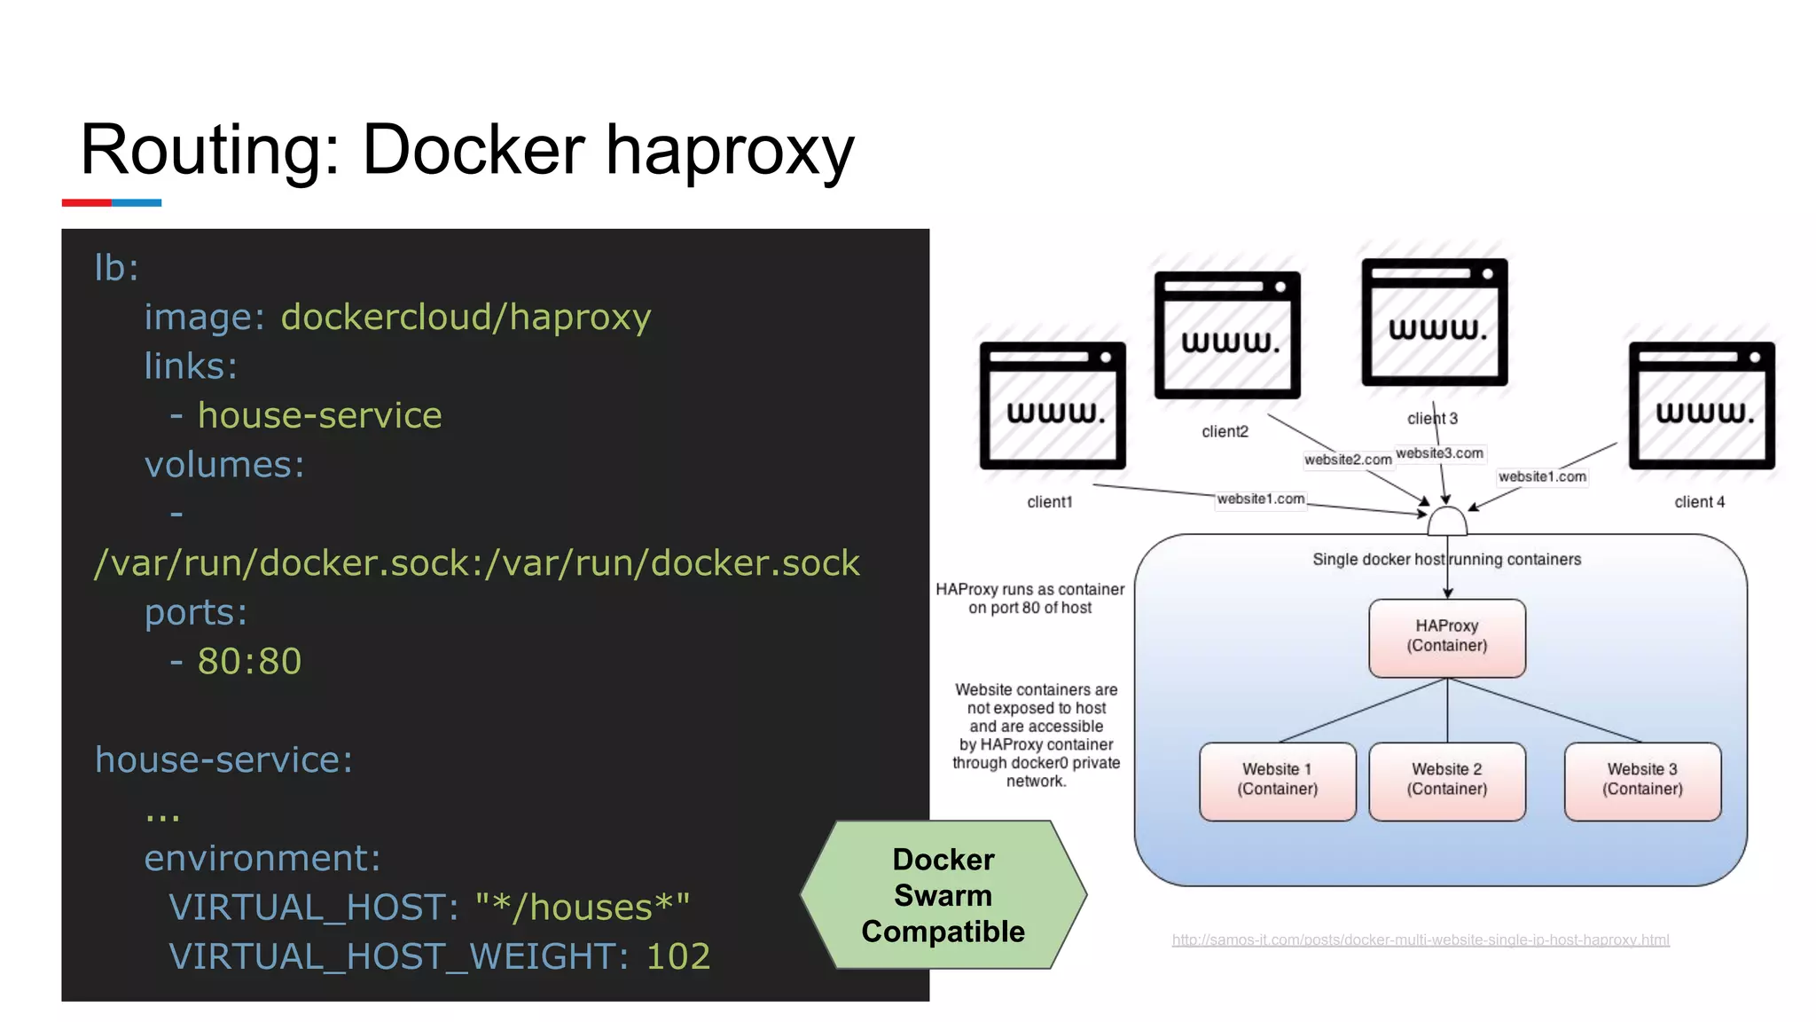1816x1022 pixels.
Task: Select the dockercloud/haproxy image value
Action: (x=466, y=318)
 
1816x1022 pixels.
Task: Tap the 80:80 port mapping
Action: (x=249, y=662)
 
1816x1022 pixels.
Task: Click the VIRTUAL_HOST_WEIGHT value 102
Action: (x=678, y=956)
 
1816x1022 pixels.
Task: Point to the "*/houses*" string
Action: (x=583, y=908)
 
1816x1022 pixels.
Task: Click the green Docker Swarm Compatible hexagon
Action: (x=943, y=895)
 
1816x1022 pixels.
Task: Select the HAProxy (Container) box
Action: (x=1446, y=637)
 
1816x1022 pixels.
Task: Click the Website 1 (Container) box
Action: (x=1277, y=780)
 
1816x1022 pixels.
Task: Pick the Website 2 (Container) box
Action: (x=1446, y=780)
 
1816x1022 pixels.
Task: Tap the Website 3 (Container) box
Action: (x=1641, y=780)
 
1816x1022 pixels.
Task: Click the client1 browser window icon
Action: (x=1053, y=405)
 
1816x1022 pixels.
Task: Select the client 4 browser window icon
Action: (x=1701, y=405)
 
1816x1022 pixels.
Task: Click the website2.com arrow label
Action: (x=1347, y=460)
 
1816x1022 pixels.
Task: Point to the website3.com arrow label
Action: (x=1439, y=453)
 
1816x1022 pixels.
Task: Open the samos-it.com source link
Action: (x=1420, y=939)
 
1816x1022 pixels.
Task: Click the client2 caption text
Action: (x=1225, y=432)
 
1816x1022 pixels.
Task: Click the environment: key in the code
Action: (x=262, y=859)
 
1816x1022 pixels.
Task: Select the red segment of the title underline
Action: (x=86, y=203)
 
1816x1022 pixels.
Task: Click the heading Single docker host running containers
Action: (x=1446, y=560)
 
